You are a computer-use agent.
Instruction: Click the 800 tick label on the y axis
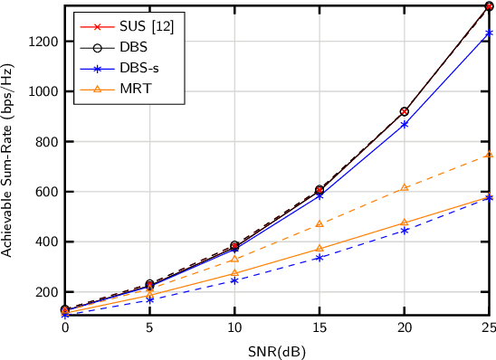[x=46, y=142]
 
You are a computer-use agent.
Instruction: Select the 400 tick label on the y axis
[x=46, y=242]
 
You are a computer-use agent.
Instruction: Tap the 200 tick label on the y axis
[x=46, y=292]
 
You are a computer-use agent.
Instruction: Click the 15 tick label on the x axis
[x=319, y=328]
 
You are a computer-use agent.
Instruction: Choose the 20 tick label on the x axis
[x=404, y=328]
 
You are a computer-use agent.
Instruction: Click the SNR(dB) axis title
[x=276, y=350]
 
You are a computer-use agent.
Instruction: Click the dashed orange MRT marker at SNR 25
[x=489, y=155]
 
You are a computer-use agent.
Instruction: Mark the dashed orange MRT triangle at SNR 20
[x=404, y=187]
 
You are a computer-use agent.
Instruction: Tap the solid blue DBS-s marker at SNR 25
[x=489, y=33]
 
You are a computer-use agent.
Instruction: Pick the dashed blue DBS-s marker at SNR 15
[x=319, y=258]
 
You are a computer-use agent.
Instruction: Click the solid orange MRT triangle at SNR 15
[x=319, y=248]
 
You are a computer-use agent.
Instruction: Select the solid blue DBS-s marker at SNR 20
[x=404, y=124]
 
